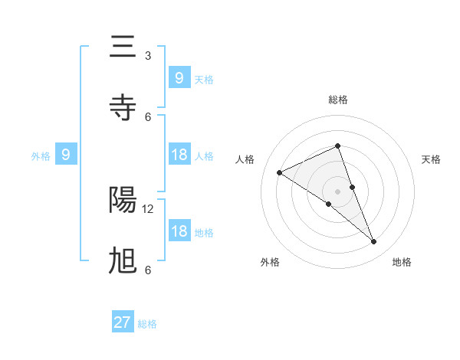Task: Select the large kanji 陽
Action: click(x=123, y=201)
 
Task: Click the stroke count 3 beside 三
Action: click(x=148, y=55)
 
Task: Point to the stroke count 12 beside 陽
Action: click(x=149, y=208)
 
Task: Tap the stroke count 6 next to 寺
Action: click(x=148, y=116)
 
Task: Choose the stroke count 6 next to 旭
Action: click(x=148, y=270)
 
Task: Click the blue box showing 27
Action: click(x=123, y=322)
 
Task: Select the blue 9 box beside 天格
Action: click(x=179, y=77)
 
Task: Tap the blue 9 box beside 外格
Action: click(x=66, y=155)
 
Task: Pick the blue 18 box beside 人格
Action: click(x=179, y=155)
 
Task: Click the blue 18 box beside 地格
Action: click(x=179, y=231)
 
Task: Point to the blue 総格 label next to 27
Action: click(x=147, y=324)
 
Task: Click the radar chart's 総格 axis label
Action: click(x=337, y=100)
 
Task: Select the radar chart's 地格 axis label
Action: click(x=402, y=262)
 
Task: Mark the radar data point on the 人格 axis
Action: click(x=280, y=172)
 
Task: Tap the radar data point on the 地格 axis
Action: click(x=374, y=242)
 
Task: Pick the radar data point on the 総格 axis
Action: click(x=337, y=146)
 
